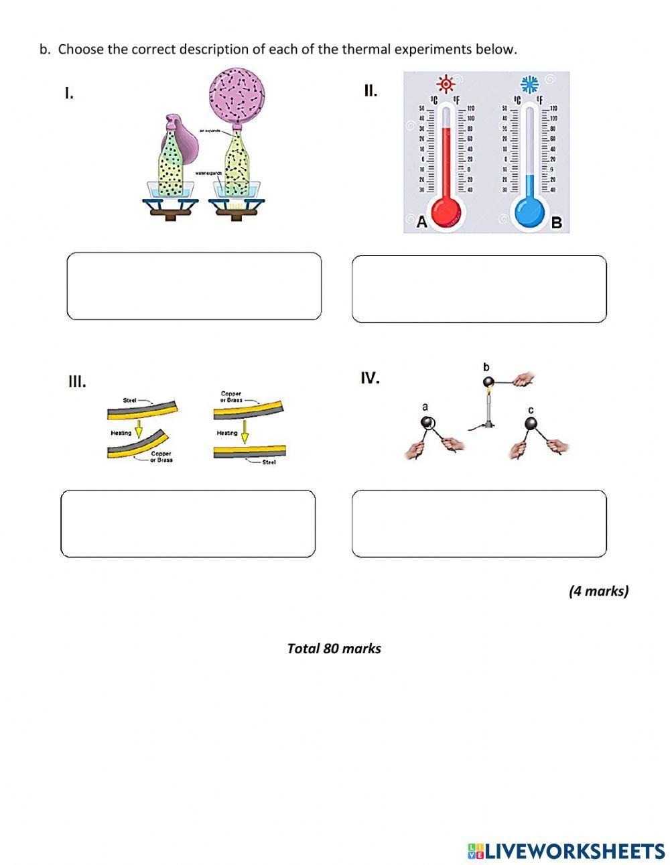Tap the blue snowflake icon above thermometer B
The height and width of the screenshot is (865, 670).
pyautogui.click(x=530, y=84)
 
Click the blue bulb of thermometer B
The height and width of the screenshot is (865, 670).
pyautogui.click(x=529, y=212)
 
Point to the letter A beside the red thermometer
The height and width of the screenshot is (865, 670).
pyautogui.click(x=421, y=222)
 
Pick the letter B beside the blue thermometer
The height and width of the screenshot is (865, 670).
pyautogui.click(x=556, y=222)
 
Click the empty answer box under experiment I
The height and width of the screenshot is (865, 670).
pyautogui.click(x=194, y=286)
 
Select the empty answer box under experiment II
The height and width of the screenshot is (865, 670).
pyautogui.click(x=479, y=289)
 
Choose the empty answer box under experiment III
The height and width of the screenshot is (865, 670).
pyautogui.click(x=188, y=523)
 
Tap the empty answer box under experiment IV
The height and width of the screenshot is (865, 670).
pyautogui.click(x=479, y=523)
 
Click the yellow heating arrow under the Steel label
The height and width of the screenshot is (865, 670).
pyautogui.click(x=139, y=428)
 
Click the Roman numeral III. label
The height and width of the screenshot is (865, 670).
pyautogui.click(x=77, y=382)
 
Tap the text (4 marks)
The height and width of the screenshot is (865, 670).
pyautogui.click(x=598, y=591)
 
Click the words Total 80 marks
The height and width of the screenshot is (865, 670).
pyautogui.click(x=334, y=649)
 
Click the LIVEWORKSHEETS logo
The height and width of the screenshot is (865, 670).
pyautogui.click(x=566, y=851)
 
